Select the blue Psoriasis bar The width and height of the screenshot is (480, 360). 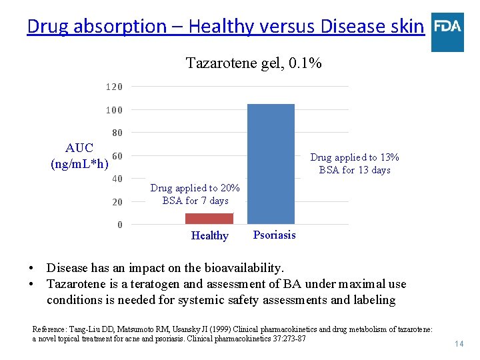tap(271, 163)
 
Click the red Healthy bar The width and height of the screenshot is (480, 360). tap(209, 218)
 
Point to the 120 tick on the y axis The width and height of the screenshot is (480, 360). tap(114, 87)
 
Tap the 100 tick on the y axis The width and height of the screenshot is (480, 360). tap(114, 110)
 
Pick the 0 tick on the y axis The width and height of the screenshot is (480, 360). tap(120, 225)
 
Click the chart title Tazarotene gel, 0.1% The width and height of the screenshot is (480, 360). tap(254, 63)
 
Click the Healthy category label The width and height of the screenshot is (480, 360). tap(209, 235)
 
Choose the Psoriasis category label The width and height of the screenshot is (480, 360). tap(274, 235)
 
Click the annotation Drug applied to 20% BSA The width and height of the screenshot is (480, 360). tap(195, 194)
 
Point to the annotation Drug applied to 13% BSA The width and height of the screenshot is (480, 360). tap(355, 163)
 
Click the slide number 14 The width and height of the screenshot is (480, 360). tap(458, 344)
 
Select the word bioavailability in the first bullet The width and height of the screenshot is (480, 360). tap(243, 268)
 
